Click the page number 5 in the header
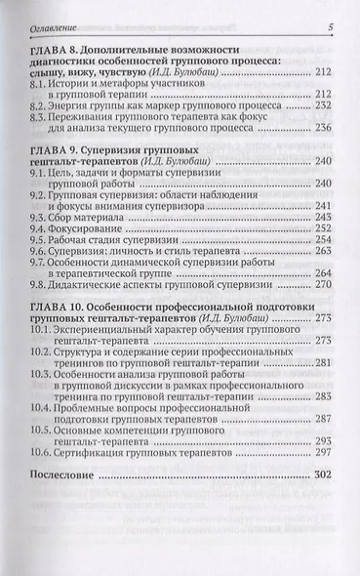332,26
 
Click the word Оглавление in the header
55,26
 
